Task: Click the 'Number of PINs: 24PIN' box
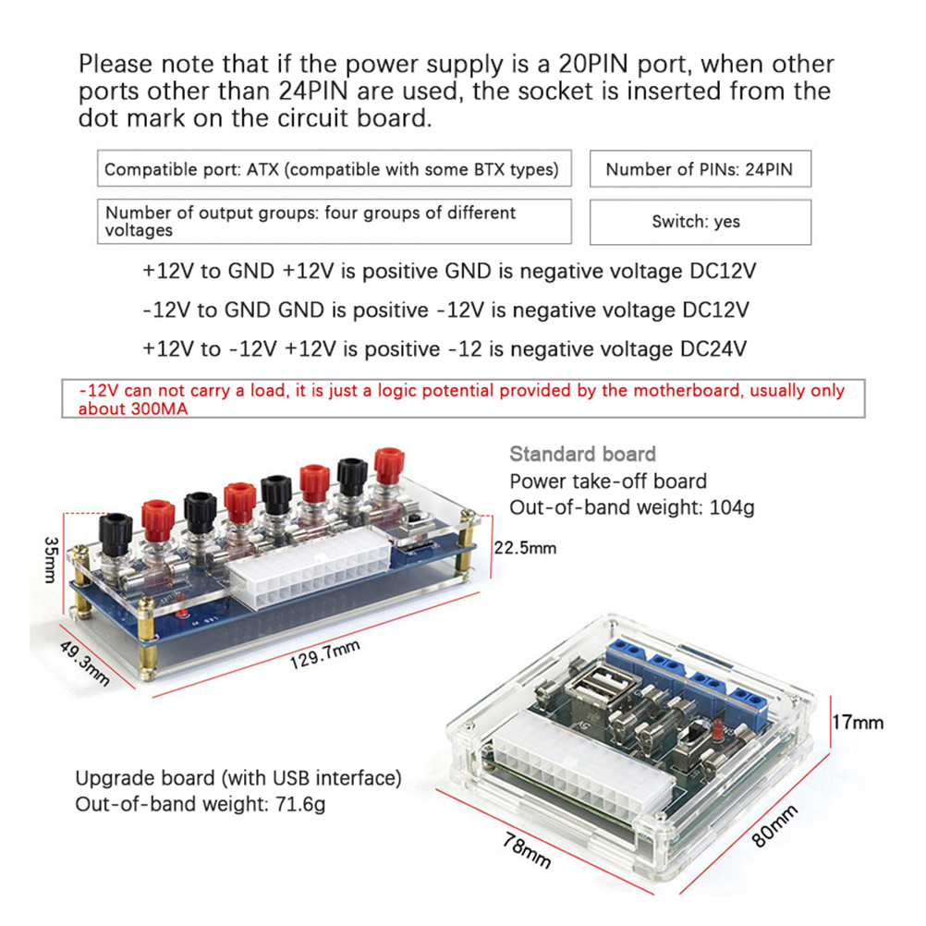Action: tap(700, 169)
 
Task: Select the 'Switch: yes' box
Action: tap(700, 222)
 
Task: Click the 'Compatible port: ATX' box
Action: tap(333, 169)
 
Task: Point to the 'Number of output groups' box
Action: tap(333, 222)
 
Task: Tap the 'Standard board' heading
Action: tap(582, 454)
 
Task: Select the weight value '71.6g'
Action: tap(300, 804)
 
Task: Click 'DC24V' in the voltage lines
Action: tap(713, 349)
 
